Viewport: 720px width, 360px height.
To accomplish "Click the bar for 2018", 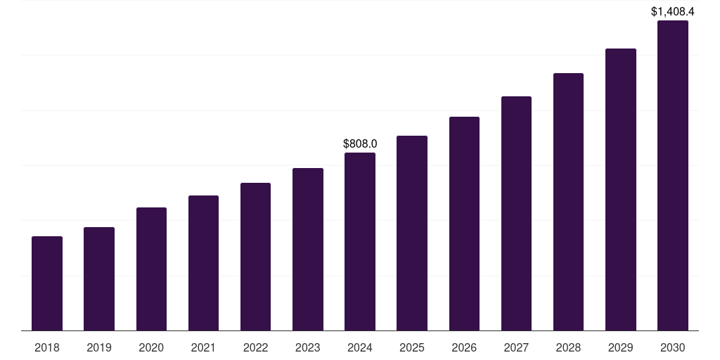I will coord(47,283).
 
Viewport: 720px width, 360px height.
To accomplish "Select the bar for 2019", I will coord(99,279).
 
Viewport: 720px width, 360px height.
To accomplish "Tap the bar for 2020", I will coord(151,269).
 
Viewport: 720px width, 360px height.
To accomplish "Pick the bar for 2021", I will coord(203,263).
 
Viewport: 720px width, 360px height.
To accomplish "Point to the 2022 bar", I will coord(255,257).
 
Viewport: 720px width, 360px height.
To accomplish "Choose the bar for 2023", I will coord(308,250).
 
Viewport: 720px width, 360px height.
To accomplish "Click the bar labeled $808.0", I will coord(360,242).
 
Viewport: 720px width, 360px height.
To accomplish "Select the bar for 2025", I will coord(412,233).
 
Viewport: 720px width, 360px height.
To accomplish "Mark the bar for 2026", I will coord(464,224).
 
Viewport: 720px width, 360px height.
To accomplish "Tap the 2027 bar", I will coord(516,214).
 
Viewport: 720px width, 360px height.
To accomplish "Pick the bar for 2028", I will coord(568,202).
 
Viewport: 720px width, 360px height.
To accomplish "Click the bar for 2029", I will coord(620,190).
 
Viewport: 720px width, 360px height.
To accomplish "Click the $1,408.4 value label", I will coord(672,11).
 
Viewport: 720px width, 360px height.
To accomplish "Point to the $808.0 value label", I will coord(360,143).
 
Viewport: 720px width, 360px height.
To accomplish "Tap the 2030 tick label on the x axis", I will coord(672,347).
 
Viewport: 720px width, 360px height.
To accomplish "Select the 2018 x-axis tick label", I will coord(47,347).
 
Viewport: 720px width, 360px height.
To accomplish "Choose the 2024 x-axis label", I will coord(360,347).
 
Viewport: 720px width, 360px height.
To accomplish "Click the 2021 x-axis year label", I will coord(203,347).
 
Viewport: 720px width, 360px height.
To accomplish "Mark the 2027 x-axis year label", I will coord(516,347).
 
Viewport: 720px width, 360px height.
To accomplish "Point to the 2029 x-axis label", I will coord(620,347).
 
